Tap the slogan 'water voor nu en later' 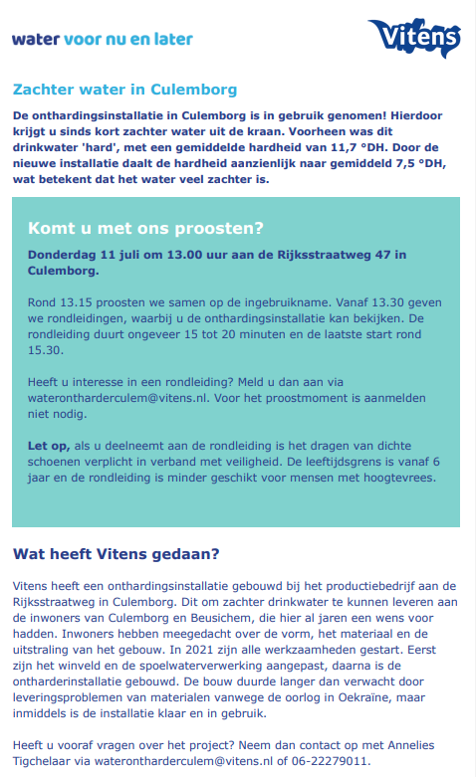[x=102, y=39]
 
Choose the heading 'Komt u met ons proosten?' [x=145, y=227]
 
